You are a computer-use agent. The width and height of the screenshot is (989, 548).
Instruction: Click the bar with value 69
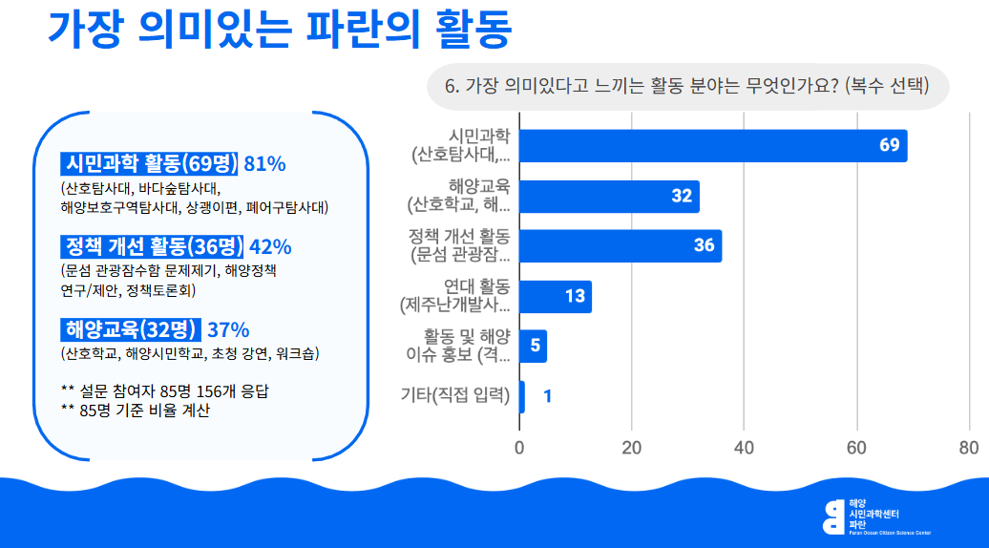point(712,146)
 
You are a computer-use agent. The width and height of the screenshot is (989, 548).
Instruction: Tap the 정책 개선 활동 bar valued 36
point(621,245)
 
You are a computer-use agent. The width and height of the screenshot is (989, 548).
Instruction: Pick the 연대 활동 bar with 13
point(556,296)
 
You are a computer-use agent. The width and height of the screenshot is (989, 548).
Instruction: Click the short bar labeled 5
point(533,346)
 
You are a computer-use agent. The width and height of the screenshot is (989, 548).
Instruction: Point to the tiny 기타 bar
point(522,396)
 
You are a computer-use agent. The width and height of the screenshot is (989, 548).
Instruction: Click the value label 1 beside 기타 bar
point(547,396)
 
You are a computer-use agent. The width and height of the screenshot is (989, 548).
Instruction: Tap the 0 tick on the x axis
point(520,448)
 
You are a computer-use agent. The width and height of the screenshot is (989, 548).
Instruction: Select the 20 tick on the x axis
point(632,448)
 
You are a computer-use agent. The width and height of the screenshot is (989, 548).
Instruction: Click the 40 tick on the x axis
point(744,448)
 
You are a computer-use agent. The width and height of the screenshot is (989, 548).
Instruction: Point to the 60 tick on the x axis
point(856,448)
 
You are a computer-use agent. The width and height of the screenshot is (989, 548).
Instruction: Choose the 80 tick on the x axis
point(968,448)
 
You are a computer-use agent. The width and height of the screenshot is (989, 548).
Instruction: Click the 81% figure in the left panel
point(265,163)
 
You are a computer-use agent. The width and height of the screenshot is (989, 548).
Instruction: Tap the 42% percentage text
point(270,246)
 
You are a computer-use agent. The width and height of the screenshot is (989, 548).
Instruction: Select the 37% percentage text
point(228,330)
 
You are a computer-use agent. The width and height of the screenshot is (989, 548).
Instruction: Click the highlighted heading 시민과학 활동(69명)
point(151,163)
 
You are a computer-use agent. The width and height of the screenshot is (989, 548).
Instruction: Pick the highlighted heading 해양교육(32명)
point(131,330)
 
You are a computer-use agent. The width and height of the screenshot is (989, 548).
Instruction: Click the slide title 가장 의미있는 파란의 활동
point(280,30)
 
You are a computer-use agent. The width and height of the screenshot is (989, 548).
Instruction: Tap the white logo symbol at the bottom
point(833,516)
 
